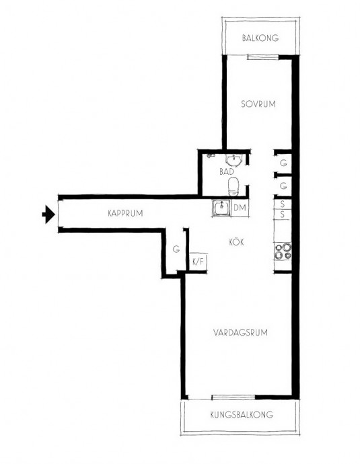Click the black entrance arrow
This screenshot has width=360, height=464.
pyautogui.click(x=48, y=214)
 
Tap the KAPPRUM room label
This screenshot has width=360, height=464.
pyautogui.click(x=125, y=213)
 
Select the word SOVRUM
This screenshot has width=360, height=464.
pyautogui.click(x=258, y=104)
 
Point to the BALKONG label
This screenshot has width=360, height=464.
pyautogui.click(x=260, y=38)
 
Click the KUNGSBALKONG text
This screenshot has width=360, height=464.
pyautogui.click(x=242, y=415)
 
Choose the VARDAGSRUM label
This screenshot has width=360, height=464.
pyautogui.click(x=240, y=332)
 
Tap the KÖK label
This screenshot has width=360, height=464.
pyautogui.click(x=237, y=242)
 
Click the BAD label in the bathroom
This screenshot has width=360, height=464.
pyautogui.click(x=227, y=171)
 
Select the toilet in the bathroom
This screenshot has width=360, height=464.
pyautogui.click(x=233, y=187)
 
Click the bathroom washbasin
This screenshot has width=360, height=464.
pyautogui.click(x=234, y=159)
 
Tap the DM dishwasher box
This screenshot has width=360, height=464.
pyautogui.click(x=240, y=208)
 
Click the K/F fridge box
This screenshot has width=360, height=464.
pyautogui.click(x=198, y=262)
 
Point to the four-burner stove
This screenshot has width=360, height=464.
pyautogui.click(x=283, y=252)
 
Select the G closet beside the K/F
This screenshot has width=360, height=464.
pyautogui.click(x=176, y=249)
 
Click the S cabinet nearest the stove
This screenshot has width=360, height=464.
pyautogui.click(x=283, y=215)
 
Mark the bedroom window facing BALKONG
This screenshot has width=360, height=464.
pyautogui.click(x=262, y=57)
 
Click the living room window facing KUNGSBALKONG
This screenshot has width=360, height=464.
pyautogui.click(x=233, y=397)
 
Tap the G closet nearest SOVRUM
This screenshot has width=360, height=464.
pyautogui.click(x=283, y=163)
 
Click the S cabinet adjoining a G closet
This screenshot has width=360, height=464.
pyautogui.click(x=283, y=204)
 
